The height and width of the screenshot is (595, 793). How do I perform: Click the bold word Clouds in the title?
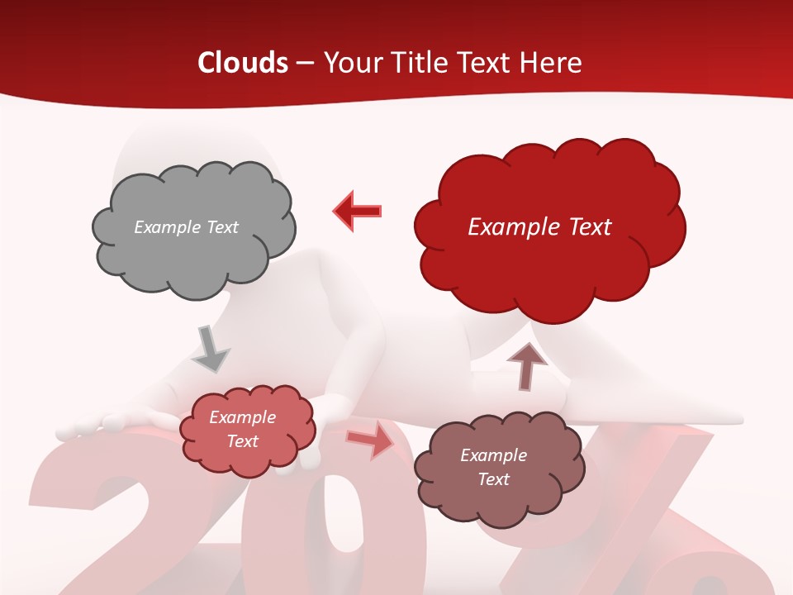pos(242,63)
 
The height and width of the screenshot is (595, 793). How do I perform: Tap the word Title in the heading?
pos(420,63)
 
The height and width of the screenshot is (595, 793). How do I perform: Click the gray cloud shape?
pos(193,248)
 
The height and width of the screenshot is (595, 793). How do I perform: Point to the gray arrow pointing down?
pos(211,348)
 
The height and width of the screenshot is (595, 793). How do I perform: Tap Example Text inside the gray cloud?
pos(186,227)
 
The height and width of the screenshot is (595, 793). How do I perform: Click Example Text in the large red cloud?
pos(539,227)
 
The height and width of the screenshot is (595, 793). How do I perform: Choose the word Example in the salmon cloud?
pos(242,417)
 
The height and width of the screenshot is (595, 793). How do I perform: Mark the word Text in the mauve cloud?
pos(493,479)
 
